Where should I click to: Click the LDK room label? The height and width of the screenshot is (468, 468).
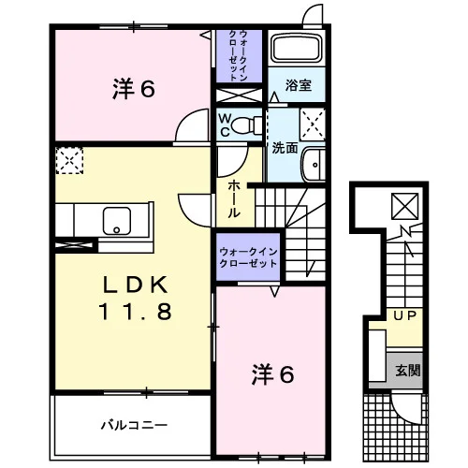136,285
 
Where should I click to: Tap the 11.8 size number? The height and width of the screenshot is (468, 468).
136,312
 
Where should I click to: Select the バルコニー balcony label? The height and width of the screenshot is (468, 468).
134,425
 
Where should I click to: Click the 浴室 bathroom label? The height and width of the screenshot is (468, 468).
299,85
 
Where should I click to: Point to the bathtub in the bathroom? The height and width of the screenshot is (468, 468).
297,48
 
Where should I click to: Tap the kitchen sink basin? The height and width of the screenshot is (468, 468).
117,221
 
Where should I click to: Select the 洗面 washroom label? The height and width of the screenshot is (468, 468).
285,148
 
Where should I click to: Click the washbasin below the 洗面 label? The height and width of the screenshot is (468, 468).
314,165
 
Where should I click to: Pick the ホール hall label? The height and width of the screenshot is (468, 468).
234,199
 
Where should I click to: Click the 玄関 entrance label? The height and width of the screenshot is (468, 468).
408,371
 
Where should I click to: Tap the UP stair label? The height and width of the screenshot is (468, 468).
404,315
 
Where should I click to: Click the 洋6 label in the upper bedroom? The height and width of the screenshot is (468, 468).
134,89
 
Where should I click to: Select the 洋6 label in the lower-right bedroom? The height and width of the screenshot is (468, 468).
272,374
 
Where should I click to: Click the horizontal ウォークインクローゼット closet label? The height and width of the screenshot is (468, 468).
248,257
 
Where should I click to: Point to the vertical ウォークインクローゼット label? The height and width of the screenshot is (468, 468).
239,56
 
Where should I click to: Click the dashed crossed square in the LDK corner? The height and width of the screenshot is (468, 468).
69,160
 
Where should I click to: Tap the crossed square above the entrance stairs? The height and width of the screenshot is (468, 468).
404,206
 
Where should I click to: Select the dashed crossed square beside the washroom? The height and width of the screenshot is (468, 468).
313,124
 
